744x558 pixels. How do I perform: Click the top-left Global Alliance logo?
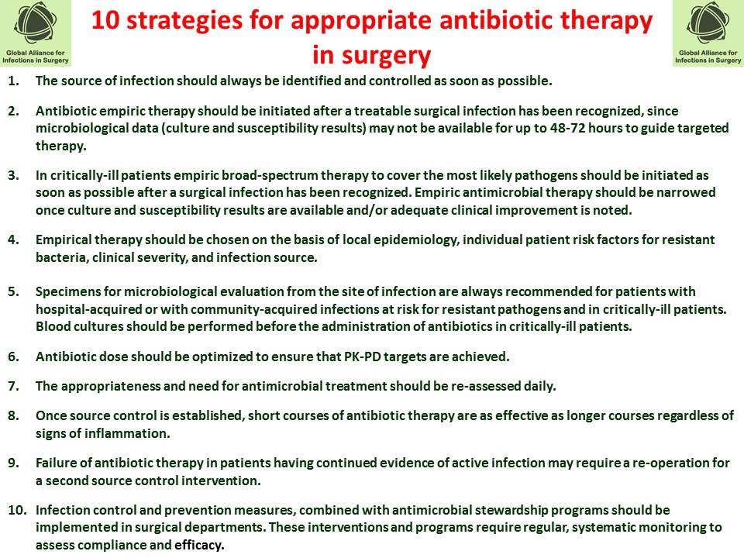click(x=36, y=33)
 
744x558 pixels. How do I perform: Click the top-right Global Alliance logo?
click(x=708, y=33)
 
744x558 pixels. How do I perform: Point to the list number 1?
click(x=13, y=80)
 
